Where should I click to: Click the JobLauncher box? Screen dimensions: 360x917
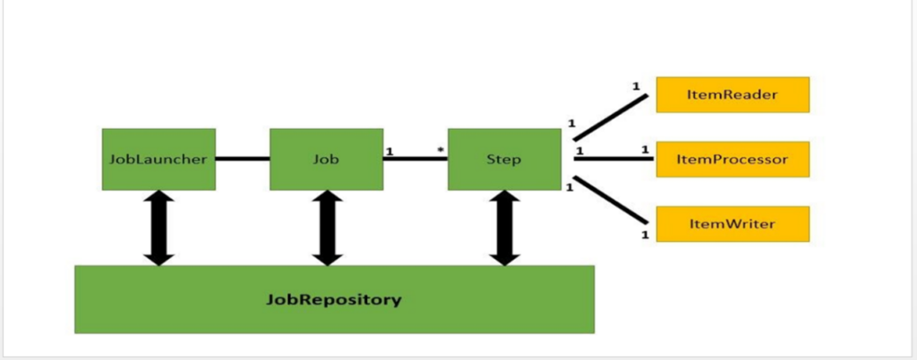point(159,159)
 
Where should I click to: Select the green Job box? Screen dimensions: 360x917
point(327,159)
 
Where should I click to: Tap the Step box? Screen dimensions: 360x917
point(505,159)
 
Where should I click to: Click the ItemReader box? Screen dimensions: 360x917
point(733,94)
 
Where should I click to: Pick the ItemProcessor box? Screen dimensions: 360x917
point(733,159)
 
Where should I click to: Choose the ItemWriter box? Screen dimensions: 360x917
point(733,224)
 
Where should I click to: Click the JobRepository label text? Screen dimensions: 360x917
point(334,299)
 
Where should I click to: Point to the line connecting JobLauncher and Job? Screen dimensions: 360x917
point(243,159)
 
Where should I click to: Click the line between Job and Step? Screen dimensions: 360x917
point(416,159)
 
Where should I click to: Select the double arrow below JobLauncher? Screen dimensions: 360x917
point(159,227)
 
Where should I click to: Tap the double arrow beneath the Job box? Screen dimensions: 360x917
point(328,227)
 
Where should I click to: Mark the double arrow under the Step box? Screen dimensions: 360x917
point(505,227)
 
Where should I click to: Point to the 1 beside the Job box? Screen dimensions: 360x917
point(389,150)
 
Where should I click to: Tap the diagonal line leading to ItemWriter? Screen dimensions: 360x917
point(610,199)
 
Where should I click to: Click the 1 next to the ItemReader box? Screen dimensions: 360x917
point(636,87)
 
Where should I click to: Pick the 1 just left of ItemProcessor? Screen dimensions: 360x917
point(644,150)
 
